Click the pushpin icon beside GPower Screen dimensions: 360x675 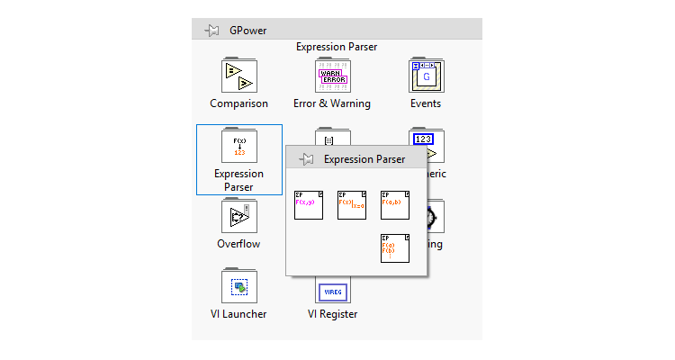212,31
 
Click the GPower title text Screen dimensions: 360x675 248,31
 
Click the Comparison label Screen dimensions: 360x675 238,103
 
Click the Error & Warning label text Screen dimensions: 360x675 332,103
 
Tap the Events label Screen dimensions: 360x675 426,103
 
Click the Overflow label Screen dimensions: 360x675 238,244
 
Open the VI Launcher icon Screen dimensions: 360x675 238,286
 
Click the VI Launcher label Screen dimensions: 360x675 238,314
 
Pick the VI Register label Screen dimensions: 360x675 332,314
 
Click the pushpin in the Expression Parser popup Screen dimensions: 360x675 306,159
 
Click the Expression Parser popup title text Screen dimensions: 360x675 364,159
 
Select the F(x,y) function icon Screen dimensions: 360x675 309,204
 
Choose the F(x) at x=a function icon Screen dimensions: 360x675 352,204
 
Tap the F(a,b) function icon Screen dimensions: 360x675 395,204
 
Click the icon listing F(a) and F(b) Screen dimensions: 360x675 395,247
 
